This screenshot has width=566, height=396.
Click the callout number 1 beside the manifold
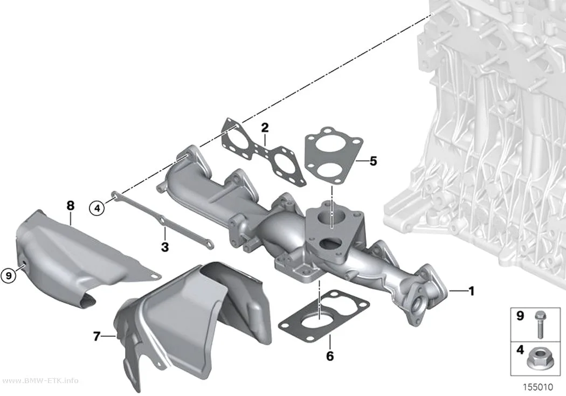(471, 291)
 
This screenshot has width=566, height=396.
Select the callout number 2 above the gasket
(265, 128)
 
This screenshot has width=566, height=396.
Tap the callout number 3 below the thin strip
(164, 247)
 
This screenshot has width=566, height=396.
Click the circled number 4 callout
(96, 208)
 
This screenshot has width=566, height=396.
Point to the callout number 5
(373, 161)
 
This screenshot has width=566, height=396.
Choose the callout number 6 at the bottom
(330, 356)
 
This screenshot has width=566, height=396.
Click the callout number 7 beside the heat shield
(96, 337)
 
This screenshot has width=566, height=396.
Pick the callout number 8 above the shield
(71, 206)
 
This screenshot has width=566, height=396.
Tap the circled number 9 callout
(9, 276)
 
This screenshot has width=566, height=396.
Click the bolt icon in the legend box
(540, 324)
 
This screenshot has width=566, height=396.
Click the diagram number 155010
(538, 387)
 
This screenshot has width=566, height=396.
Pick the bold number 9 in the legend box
(520, 316)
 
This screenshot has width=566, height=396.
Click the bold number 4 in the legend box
(520, 350)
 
